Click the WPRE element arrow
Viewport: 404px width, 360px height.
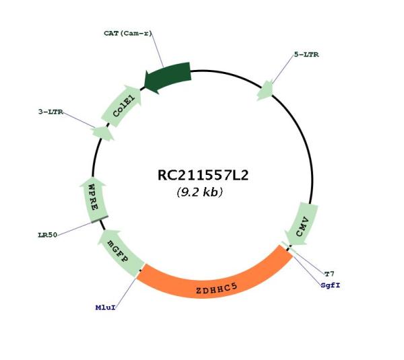coord(94,200)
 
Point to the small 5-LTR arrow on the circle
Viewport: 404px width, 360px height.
coord(265,90)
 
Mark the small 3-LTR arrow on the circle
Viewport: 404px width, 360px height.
coord(103,133)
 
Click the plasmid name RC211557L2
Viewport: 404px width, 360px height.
coord(203,176)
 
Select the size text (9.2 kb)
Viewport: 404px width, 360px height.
coord(200,192)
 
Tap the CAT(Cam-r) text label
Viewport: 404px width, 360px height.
coord(128,34)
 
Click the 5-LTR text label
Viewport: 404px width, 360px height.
coord(306,55)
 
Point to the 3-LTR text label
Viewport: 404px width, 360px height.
coord(50,112)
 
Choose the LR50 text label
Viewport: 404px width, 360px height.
coord(48,235)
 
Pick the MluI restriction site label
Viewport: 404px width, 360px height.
coord(106,308)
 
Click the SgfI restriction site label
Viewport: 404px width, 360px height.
coord(331,285)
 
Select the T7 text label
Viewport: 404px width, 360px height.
coord(329,274)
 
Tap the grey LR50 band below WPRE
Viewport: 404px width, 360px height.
coord(100,219)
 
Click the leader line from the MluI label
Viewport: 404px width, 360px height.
coord(125,291)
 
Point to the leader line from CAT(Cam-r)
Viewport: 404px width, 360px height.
coord(157,50)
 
